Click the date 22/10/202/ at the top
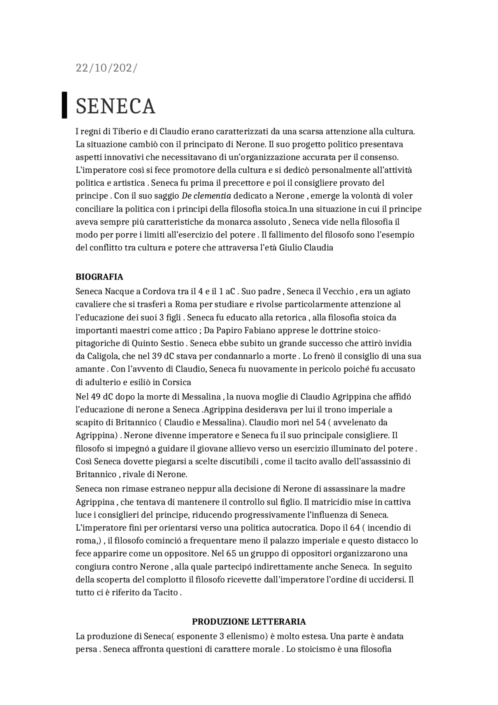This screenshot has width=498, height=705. point(106,68)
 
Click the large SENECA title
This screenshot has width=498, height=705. point(116,106)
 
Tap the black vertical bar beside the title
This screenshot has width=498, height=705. point(65,105)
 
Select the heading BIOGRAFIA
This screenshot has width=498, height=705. point(99,277)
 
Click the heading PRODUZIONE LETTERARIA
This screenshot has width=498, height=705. point(249,621)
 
